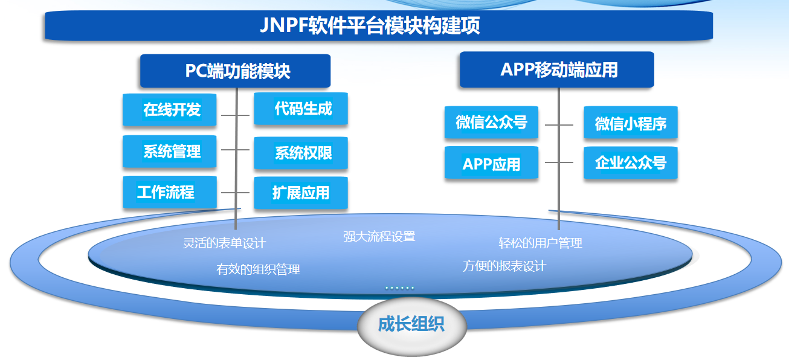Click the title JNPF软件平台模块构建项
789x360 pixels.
(370, 26)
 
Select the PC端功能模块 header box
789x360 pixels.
(236, 71)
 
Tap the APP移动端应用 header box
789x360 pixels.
(557, 69)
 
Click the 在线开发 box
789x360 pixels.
(170, 109)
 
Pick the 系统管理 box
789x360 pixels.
(170, 151)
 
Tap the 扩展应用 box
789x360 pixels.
(301, 193)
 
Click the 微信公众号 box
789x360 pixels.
(491, 123)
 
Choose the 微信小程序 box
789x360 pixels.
(630, 124)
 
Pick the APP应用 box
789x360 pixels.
(491, 163)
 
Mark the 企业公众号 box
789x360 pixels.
(630, 162)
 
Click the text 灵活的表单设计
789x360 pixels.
(224, 243)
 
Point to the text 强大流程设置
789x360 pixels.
(379, 237)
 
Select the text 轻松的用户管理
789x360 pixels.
(540, 243)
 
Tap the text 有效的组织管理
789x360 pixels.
(258, 269)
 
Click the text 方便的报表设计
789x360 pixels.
(504, 266)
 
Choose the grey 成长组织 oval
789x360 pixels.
(411, 325)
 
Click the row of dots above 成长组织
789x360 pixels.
(399, 288)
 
